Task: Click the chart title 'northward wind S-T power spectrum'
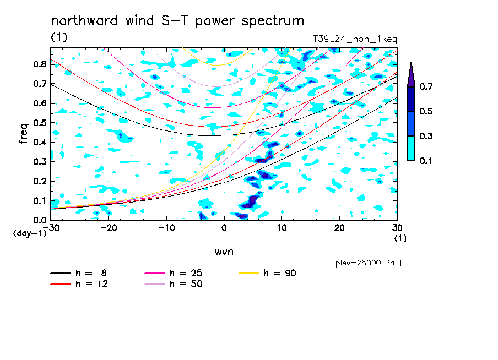pyautogui.click(x=177, y=21)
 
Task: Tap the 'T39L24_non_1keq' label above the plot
pyautogui.click(x=355, y=39)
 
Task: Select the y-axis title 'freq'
pyautogui.click(x=23, y=134)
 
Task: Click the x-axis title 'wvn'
pyautogui.click(x=224, y=252)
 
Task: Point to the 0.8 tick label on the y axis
pyautogui.click(x=40, y=64)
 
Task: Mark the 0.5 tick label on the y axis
pyautogui.click(x=40, y=123)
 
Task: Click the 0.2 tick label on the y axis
pyautogui.click(x=40, y=181)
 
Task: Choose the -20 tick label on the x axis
pyautogui.click(x=109, y=228)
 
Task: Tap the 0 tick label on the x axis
pyautogui.click(x=224, y=228)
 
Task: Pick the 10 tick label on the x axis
pyautogui.click(x=282, y=228)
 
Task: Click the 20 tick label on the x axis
pyautogui.click(x=339, y=228)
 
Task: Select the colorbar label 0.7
pyautogui.click(x=426, y=86)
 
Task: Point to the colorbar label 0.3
pyautogui.click(x=426, y=136)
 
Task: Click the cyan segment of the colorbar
pyautogui.click(x=411, y=148)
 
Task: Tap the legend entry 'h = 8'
pyautogui.click(x=78, y=273)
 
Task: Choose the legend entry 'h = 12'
pyautogui.click(x=79, y=283)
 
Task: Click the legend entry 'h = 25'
pyautogui.click(x=174, y=273)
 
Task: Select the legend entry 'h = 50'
pyautogui.click(x=174, y=283)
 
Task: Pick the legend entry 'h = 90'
pyautogui.click(x=267, y=273)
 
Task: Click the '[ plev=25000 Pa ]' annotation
pyautogui.click(x=365, y=263)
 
